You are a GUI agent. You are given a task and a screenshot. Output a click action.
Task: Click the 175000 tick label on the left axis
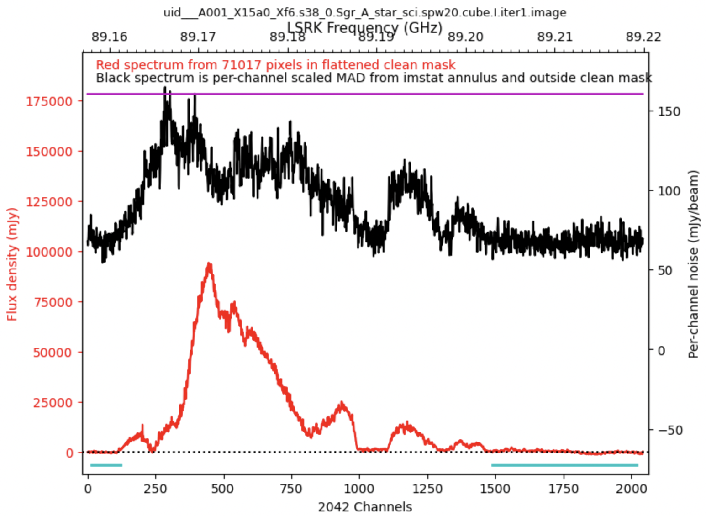[49, 101]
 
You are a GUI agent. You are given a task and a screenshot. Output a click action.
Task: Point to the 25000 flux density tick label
[53, 403]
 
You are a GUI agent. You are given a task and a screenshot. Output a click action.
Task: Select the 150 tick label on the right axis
[669, 111]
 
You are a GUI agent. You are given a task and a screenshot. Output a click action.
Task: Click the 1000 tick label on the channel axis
[359, 489]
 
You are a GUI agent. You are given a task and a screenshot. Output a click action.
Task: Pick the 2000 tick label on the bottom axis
[631, 489]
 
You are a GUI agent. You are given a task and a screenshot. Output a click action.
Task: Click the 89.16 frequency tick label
[109, 37]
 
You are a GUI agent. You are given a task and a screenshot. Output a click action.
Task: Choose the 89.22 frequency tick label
[643, 37]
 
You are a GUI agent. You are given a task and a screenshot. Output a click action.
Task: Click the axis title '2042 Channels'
[365, 507]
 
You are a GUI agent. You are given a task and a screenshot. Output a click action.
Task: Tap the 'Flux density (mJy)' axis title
[12, 264]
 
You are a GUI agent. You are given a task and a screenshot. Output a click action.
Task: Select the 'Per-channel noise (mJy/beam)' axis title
[694, 264]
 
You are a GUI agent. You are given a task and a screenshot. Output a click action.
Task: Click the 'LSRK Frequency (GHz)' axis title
[365, 27]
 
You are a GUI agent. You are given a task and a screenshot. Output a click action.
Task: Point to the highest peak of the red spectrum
[209, 265]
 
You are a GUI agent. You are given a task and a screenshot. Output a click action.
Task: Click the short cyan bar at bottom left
[106, 465]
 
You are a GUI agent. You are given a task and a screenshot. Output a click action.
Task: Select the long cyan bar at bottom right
[564, 465]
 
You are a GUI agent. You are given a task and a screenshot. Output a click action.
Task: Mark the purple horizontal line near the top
[365, 94]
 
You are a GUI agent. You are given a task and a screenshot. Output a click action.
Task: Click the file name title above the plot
[365, 12]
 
